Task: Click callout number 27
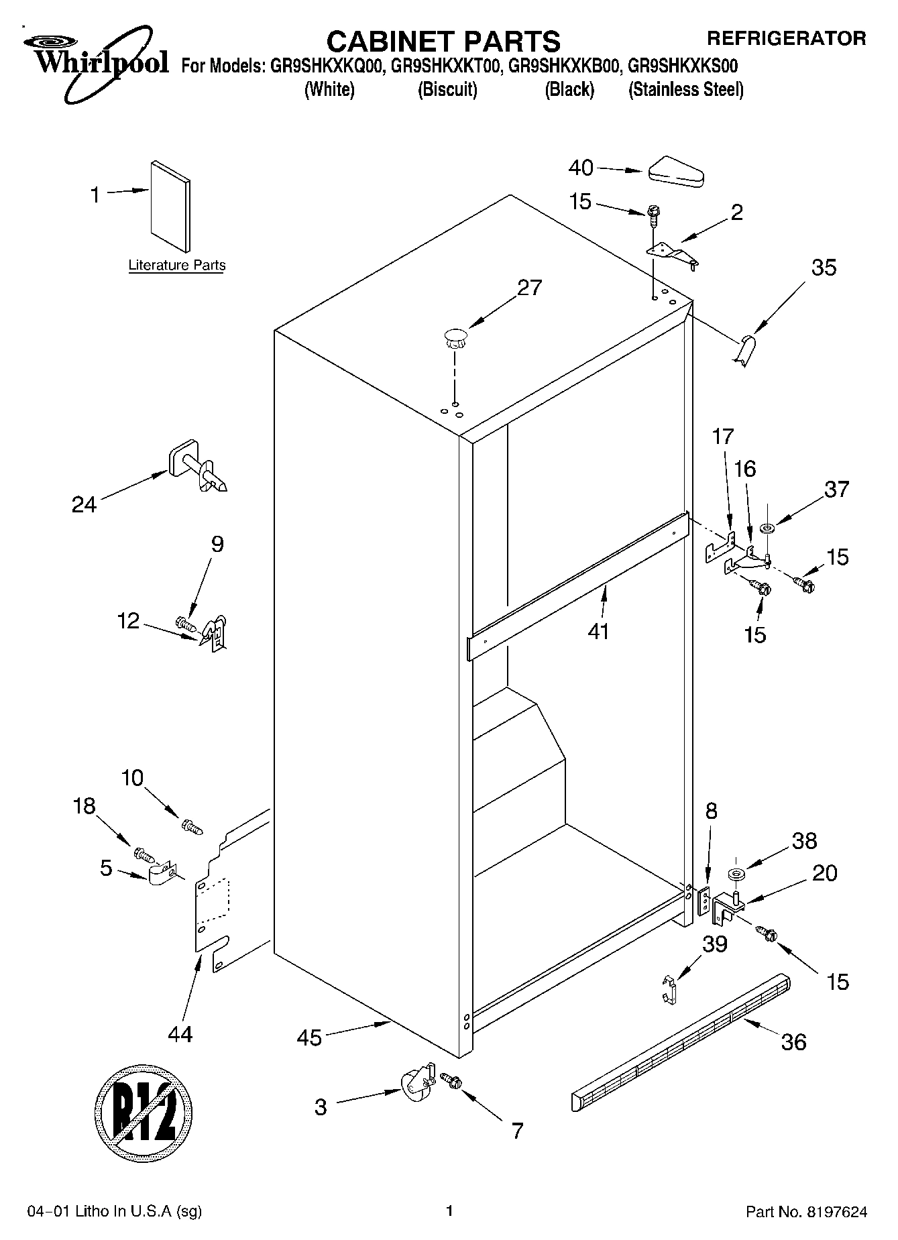click(x=529, y=288)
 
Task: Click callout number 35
click(x=824, y=268)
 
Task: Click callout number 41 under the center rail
click(x=598, y=631)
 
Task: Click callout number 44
click(x=180, y=1033)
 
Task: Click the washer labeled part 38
click(x=736, y=875)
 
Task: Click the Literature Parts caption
click(x=177, y=266)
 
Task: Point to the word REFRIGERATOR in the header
click(x=787, y=38)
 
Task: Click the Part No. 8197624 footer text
click(x=807, y=1212)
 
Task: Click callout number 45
click(x=309, y=1038)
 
